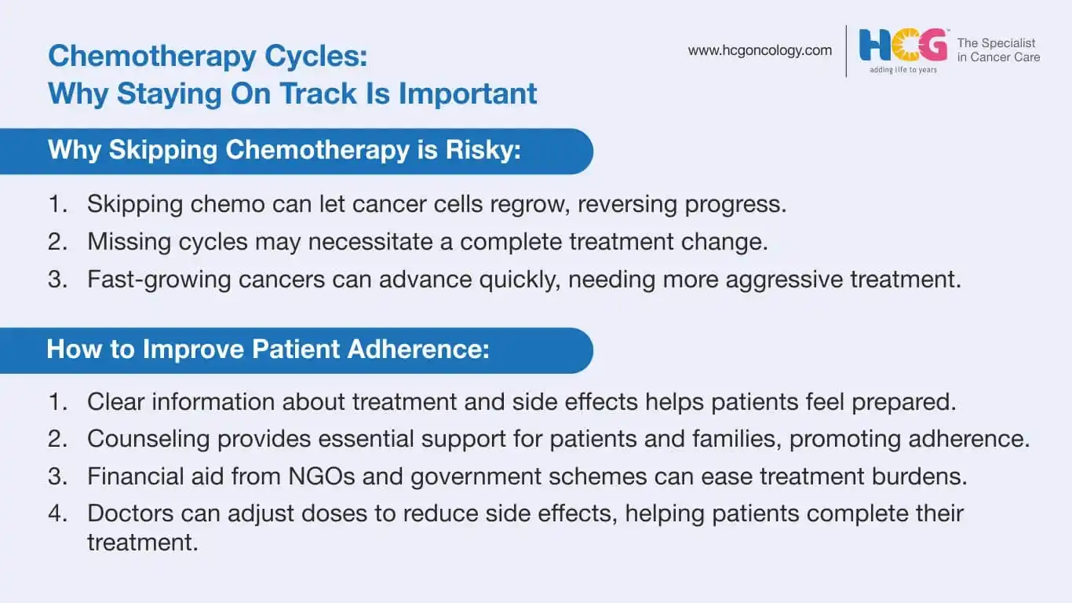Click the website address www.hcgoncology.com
(760, 51)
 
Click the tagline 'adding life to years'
(903, 70)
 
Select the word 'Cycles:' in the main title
(315, 57)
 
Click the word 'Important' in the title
(468, 93)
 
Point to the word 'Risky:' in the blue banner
(483, 150)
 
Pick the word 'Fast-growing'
(159, 280)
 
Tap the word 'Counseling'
(148, 439)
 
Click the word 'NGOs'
(321, 477)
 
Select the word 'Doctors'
(130, 513)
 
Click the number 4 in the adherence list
(57, 513)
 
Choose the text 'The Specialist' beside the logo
(996, 43)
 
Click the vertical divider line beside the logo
(846, 51)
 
